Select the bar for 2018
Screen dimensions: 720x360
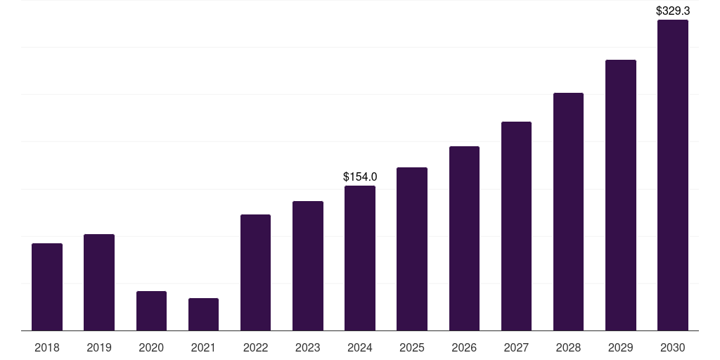47,287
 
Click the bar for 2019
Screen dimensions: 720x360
99,283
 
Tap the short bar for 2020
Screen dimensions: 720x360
152,311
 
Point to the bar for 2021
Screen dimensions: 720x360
203,314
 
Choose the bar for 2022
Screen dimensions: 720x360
255,273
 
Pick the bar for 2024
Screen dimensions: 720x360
360,258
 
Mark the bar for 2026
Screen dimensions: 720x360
464,238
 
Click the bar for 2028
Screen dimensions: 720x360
568,212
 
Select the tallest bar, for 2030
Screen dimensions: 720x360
673,175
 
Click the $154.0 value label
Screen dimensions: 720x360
360,176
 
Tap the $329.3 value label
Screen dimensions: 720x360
673,11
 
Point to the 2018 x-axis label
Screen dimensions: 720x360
47,347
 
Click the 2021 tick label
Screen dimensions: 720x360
203,347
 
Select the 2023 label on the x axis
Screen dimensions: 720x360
308,347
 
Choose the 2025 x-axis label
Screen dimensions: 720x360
412,347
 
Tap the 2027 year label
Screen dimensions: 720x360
516,347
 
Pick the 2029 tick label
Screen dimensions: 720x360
620,347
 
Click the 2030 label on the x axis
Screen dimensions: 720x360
673,347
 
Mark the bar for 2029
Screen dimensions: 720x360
621,195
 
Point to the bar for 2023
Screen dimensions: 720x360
308,266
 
